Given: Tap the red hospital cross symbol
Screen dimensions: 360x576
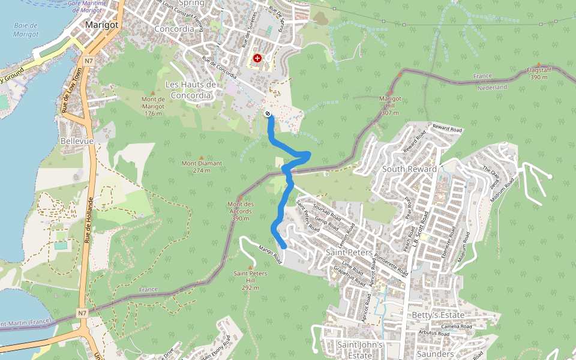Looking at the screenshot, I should (x=257, y=58).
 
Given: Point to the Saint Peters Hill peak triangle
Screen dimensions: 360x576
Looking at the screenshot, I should (x=250, y=267).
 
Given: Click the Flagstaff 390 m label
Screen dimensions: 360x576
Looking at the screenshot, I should (x=538, y=74).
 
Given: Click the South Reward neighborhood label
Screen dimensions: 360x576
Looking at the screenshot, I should (x=410, y=169).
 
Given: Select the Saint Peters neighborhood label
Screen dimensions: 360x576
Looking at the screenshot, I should (x=349, y=253).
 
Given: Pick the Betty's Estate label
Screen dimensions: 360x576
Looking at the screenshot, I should (x=438, y=315).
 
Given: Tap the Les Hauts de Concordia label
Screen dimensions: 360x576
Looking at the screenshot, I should (x=191, y=90).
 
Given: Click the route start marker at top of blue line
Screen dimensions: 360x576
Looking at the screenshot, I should (x=267, y=114).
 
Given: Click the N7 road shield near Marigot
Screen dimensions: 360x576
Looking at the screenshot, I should (x=89, y=61).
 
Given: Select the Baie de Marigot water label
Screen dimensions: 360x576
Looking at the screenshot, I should (x=25, y=30).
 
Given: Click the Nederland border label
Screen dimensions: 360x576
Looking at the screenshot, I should (x=492, y=88).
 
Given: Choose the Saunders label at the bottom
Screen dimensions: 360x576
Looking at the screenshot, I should (x=434, y=355).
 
